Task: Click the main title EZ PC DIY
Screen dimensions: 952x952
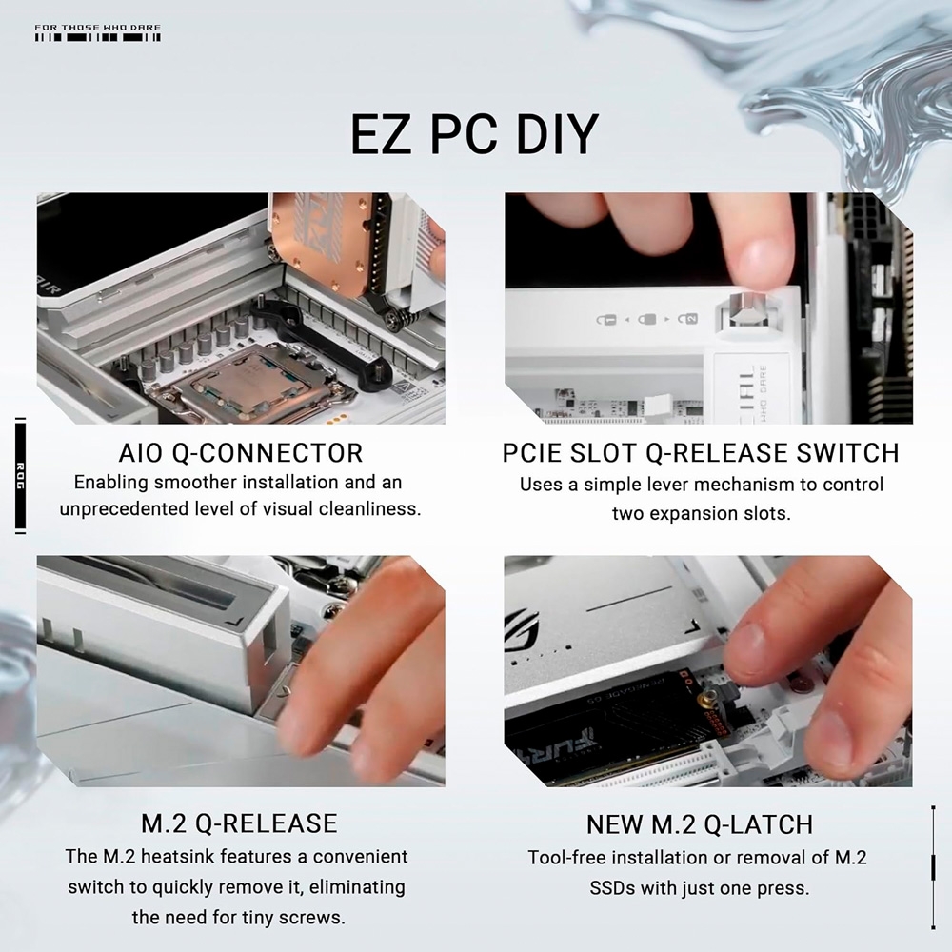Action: pyautogui.click(x=473, y=134)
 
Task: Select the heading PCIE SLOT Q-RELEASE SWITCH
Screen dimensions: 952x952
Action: pyautogui.click(x=701, y=452)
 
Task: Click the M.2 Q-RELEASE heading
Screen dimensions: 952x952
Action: pyautogui.click(x=238, y=823)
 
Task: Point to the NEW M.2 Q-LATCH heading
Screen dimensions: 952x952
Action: pyautogui.click(x=699, y=823)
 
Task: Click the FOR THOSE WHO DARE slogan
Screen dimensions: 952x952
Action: pyautogui.click(x=97, y=28)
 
